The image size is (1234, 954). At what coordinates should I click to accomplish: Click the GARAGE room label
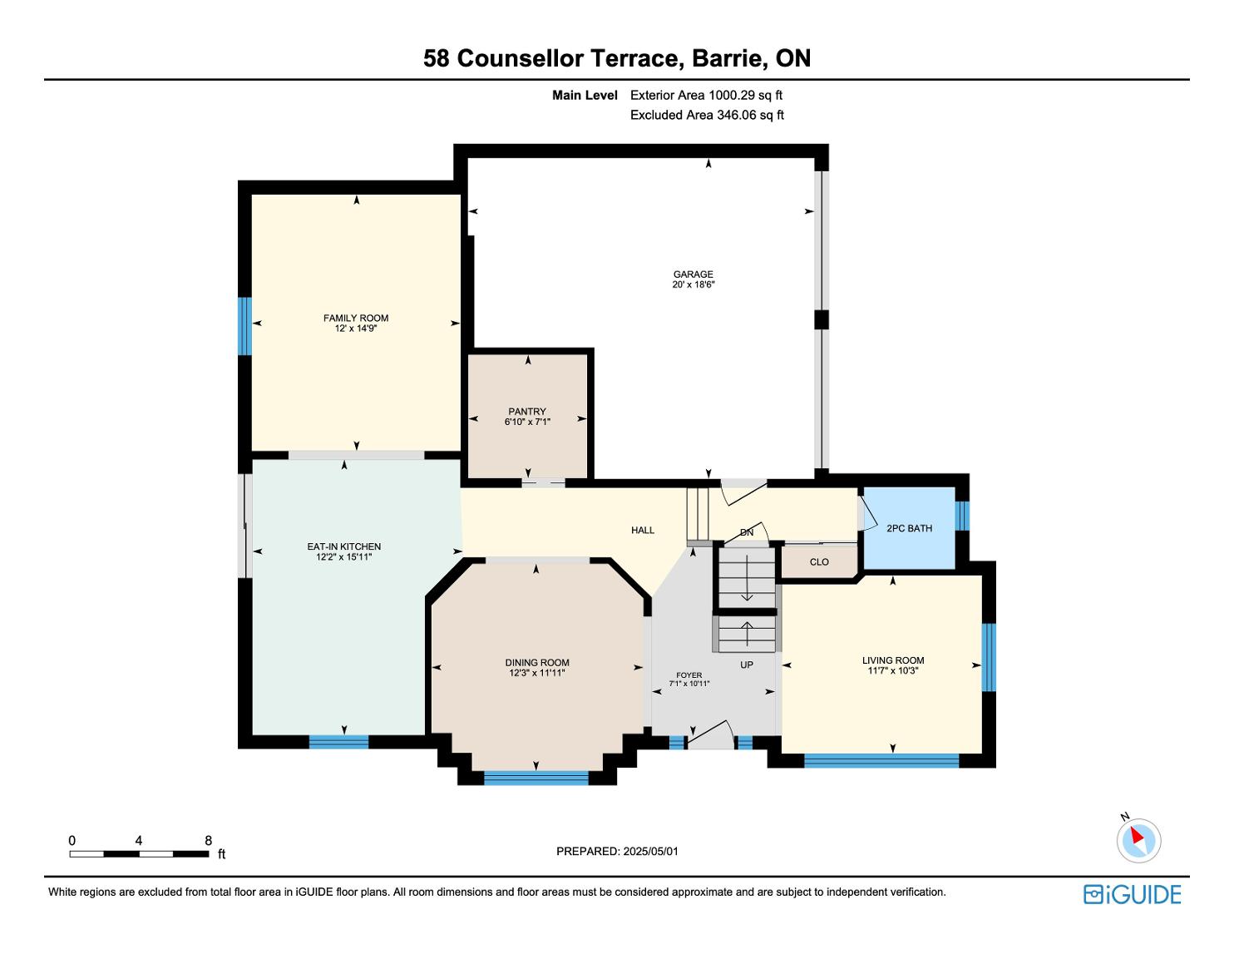693,274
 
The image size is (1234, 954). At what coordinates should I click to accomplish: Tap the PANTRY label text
527,411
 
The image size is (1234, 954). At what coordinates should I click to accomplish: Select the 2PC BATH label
909,528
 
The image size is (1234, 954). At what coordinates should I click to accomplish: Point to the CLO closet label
819,561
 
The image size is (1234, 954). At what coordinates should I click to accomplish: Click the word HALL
643,530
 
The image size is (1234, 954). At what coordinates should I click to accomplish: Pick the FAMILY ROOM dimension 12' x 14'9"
356,329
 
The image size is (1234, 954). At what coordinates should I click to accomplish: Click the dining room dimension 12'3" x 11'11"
536,673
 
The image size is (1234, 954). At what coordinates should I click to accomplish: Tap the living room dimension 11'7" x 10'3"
893,670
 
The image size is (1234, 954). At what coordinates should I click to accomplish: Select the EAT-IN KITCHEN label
344,546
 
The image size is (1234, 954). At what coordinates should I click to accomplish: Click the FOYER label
689,675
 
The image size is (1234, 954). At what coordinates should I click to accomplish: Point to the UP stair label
746,665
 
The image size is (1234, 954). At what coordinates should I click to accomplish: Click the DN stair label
746,532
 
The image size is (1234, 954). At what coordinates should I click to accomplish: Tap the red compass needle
1137,835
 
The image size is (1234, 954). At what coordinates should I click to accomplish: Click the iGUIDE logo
1132,894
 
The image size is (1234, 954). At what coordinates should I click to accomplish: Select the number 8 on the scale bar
209,840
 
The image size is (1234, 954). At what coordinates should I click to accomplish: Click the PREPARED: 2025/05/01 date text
617,851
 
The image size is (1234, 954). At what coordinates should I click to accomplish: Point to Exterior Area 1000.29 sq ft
706,95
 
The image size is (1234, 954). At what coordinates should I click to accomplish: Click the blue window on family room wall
244,326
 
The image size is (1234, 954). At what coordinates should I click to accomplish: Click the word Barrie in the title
727,58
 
